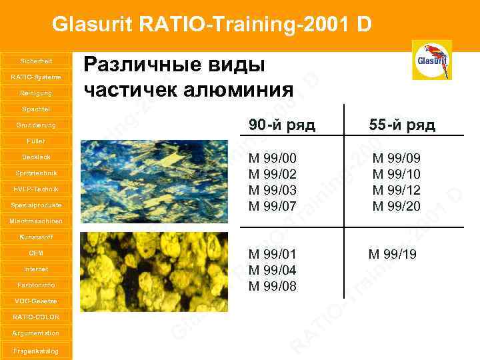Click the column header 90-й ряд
coord(282,125)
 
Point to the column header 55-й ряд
coord(403,125)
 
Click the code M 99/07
coord(272,206)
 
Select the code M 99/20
coord(396,206)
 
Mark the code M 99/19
coord(393,254)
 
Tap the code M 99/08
coord(272,286)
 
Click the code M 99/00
coord(272,158)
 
